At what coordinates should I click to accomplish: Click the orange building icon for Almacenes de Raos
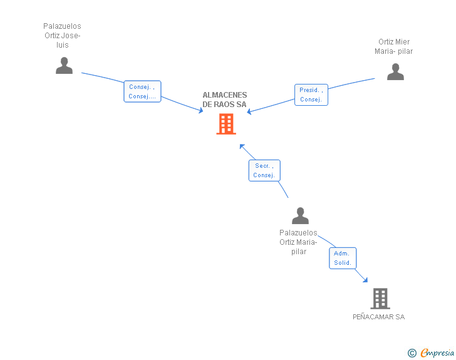(x=226, y=124)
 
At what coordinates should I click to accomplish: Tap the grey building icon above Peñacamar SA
(x=380, y=299)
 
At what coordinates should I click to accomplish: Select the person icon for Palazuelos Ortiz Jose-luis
(x=64, y=66)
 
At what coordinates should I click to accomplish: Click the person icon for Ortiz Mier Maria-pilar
(x=395, y=71)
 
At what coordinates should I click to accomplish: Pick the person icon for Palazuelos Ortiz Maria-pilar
(x=300, y=215)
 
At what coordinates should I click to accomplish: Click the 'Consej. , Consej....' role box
(x=142, y=91)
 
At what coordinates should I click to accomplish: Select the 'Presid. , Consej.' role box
(x=311, y=95)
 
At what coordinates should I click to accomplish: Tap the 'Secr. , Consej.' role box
(x=264, y=170)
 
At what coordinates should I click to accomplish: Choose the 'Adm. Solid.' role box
(x=343, y=258)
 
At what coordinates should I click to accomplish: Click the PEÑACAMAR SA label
(x=378, y=317)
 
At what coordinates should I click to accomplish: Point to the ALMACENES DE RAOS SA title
(x=224, y=100)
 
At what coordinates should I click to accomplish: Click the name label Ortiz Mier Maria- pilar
(x=394, y=46)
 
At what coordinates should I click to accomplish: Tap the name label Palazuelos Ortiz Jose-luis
(x=62, y=36)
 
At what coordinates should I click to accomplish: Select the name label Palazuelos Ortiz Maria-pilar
(x=298, y=242)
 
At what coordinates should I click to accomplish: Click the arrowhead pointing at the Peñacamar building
(x=365, y=280)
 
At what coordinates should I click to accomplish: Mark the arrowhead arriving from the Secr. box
(x=242, y=147)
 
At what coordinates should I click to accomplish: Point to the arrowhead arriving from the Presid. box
(x=249, y=111)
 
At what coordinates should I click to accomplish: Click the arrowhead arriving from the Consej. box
(x=200, y=110)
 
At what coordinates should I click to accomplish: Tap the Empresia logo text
(x=437, y=352)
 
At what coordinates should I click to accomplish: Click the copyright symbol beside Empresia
(x=412, y=353)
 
